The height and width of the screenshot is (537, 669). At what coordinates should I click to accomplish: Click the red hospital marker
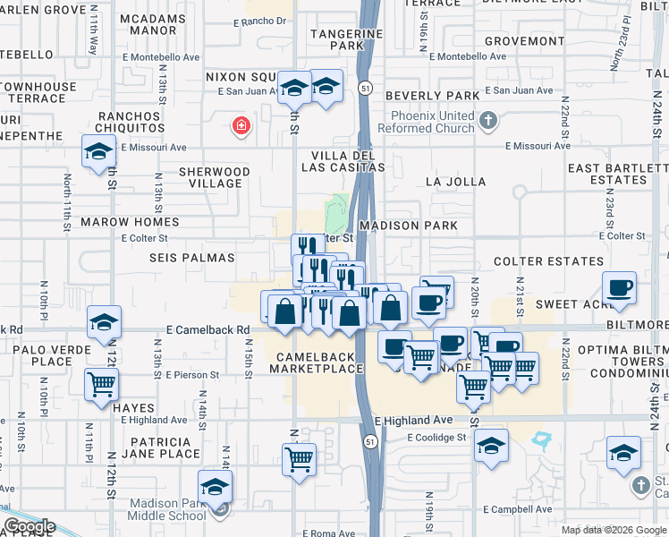click(x=240, y=126)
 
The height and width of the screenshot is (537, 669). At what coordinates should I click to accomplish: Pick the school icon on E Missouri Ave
click(x=98, y=151)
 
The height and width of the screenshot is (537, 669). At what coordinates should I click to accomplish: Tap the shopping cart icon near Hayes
click(x=102, y=385)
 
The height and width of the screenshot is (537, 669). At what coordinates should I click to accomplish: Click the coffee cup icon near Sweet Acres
click(x=619, y=288)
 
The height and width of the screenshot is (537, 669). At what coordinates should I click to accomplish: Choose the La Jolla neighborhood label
click(x=456, y=182)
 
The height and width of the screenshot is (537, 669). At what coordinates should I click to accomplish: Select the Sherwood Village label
click(x=214, y=177)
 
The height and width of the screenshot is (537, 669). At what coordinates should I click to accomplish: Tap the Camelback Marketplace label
click(x=312, y=362)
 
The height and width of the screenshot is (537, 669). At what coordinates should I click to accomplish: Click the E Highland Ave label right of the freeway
click(x=414, y=420)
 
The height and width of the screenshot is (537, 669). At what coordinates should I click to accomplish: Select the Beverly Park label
click(x=432, y=95)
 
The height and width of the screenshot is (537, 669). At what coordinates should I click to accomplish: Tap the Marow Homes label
click(x=131, y=222)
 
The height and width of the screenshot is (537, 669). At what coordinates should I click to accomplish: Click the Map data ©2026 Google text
click(x=613, y=530)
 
